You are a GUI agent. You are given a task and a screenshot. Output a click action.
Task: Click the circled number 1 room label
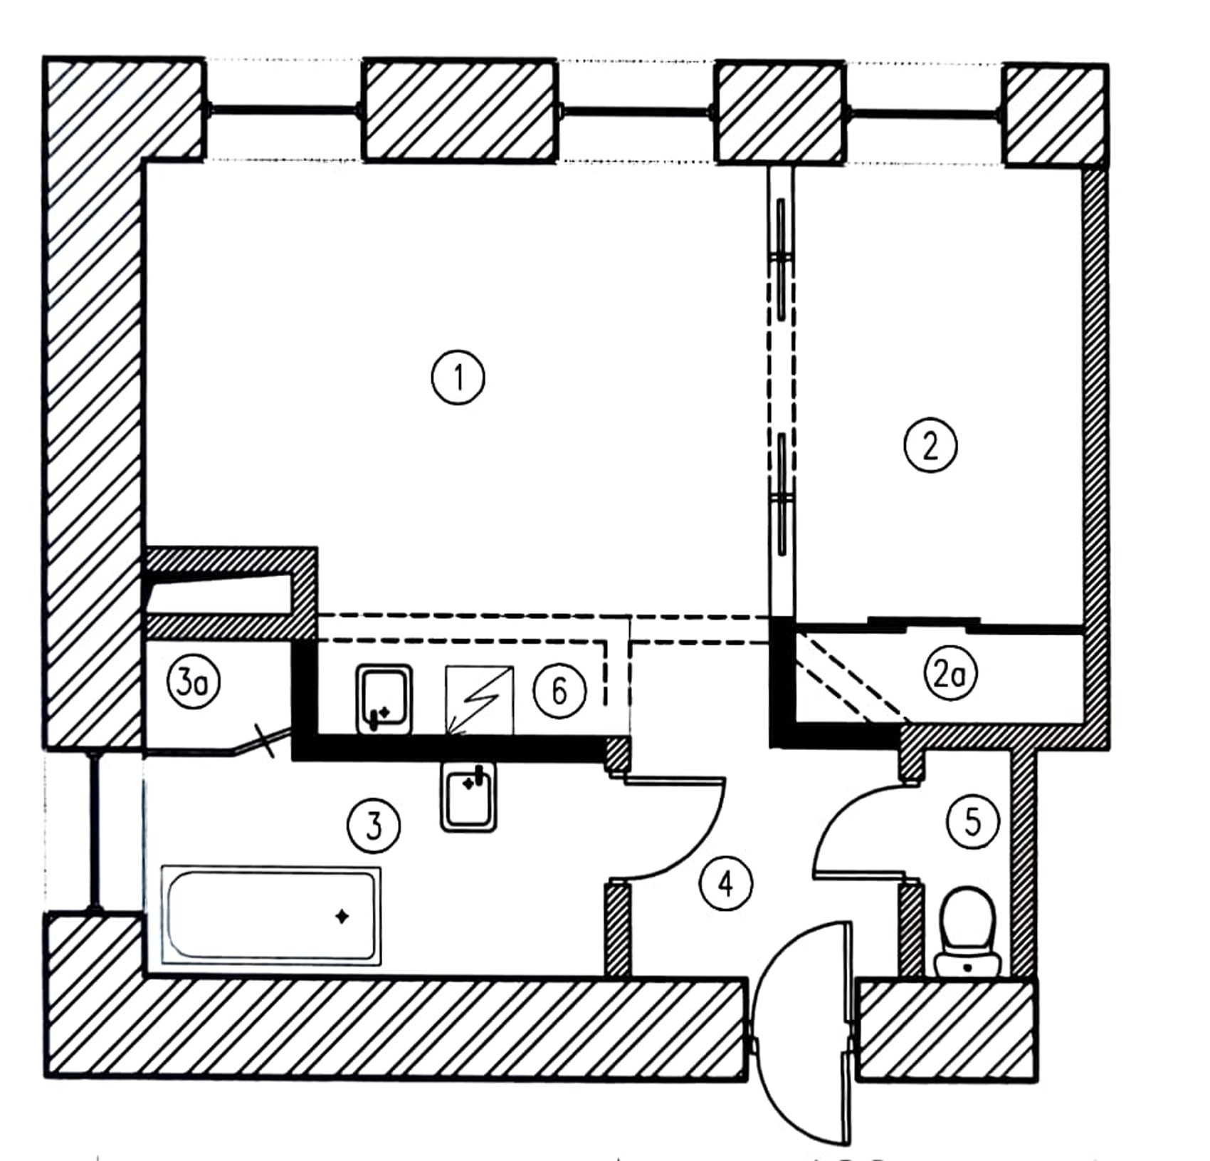(458, 377)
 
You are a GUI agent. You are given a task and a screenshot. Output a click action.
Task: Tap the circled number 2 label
(930, 446)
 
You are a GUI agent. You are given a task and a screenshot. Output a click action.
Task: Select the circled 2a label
(950, 674)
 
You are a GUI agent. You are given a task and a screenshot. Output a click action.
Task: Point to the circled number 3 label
(374, 826)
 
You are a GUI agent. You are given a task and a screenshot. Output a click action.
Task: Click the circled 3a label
(194, 684)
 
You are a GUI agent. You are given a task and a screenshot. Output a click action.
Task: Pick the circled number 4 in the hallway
(726, 884)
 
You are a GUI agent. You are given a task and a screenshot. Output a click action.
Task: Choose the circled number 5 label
(972, 821)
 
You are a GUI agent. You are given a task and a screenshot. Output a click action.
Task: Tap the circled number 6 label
(559, 690)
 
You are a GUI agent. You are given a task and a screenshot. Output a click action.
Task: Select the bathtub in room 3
(271, 916)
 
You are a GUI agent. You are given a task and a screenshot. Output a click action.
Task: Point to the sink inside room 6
(384, 699)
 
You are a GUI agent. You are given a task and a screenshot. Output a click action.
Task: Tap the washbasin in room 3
(468, 797)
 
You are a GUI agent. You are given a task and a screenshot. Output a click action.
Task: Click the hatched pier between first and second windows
(459, 110)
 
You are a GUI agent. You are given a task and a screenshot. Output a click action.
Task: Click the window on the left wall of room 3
(94, 832)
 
